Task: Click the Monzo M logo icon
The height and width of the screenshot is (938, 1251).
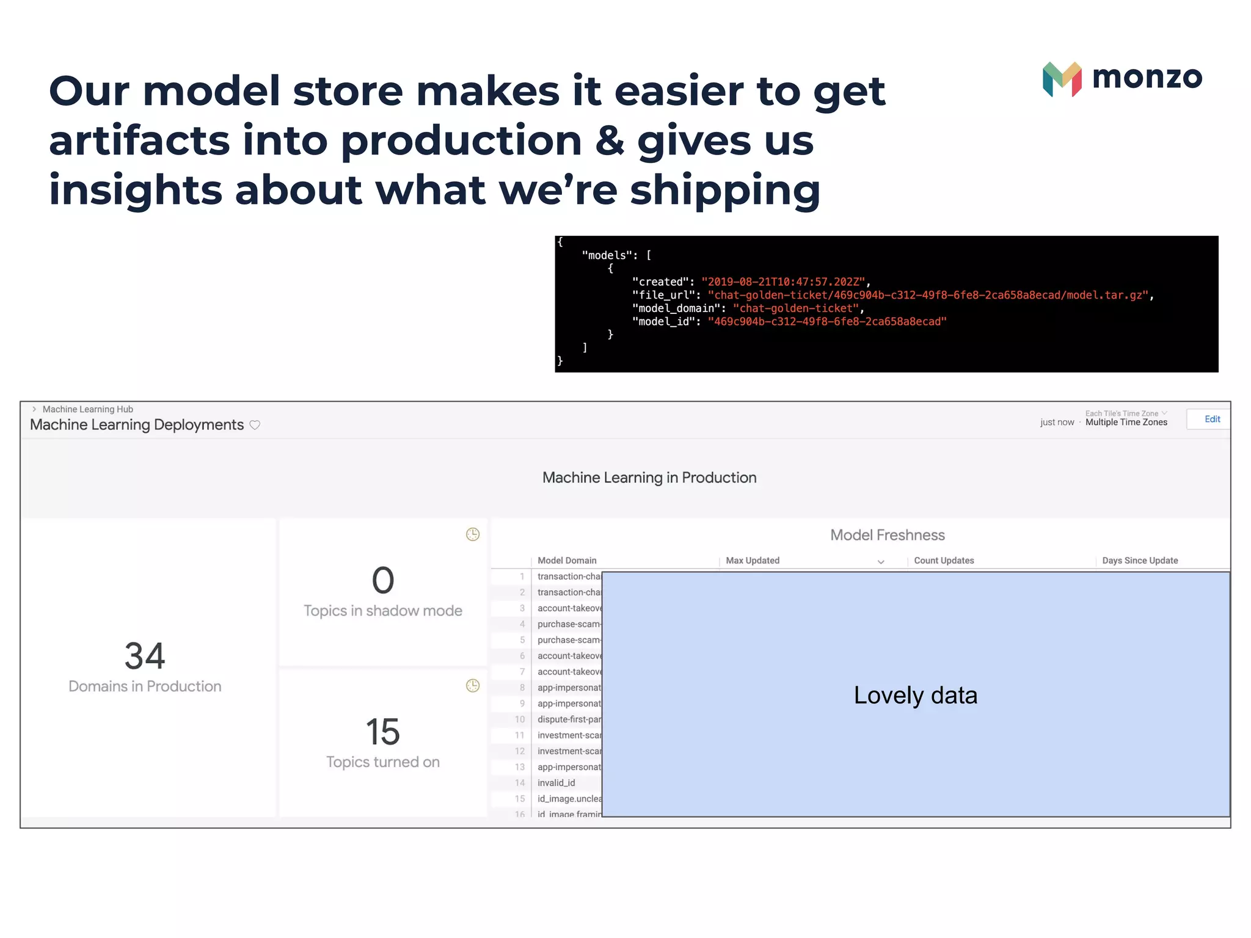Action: tap(1062, 79)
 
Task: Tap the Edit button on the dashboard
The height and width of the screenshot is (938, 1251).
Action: tap(1211, 419)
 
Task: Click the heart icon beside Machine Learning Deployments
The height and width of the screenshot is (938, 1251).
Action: tap(255, 425)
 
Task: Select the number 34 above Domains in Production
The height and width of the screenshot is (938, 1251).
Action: tap(145, 656)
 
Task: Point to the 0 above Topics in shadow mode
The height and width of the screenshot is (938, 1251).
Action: tap(383, 580)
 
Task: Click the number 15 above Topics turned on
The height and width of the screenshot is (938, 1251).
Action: tap(383, 732)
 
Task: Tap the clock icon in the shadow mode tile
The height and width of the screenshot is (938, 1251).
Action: tap(473, 535)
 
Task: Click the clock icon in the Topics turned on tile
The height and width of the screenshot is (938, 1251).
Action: tap(473, 686)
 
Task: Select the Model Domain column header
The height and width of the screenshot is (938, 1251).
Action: tap(567, 561)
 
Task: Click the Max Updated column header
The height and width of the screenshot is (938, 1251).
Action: tap(753, 561)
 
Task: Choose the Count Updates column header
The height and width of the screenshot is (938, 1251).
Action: tap(944, 561)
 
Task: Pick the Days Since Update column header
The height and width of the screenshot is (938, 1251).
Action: tap(1140, 561)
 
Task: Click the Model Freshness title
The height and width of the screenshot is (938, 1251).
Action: tap(887, 535)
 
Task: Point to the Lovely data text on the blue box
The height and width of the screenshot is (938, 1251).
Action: tap(915, 695)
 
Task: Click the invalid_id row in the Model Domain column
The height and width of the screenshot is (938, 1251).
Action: tap(556, 783)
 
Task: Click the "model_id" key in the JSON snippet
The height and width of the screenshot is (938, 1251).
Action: tap(663, 322)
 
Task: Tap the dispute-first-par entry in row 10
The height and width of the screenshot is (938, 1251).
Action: tap(569, 719)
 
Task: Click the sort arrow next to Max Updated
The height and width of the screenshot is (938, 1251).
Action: tap(881, 562)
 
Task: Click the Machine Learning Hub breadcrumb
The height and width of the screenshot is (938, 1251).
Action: tap(88, 409)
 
